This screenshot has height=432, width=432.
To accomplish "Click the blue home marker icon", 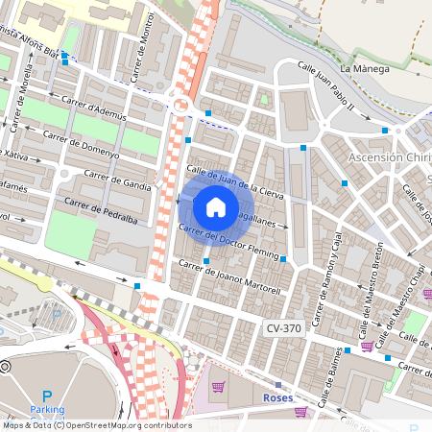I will coord(216,207).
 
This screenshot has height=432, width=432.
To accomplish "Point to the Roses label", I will coord(277,396).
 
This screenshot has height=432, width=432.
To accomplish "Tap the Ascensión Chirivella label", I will coord(389,157).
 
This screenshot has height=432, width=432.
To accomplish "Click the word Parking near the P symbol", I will coord(46,409).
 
